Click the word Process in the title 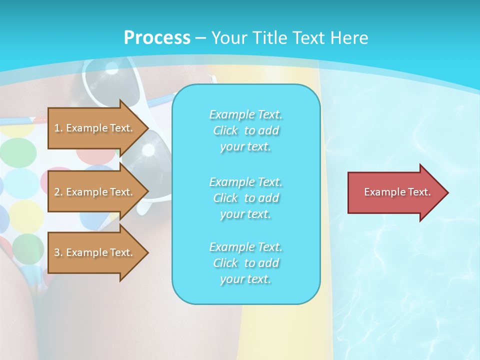coord(157,38)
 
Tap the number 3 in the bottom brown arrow coord(57,252)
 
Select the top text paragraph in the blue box coord(245,130)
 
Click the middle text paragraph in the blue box coord(245,198)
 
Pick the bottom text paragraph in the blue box coord(245,263)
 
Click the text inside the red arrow coord(397,192)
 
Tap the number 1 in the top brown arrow coord(57,128)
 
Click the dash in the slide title coord(201,38)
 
